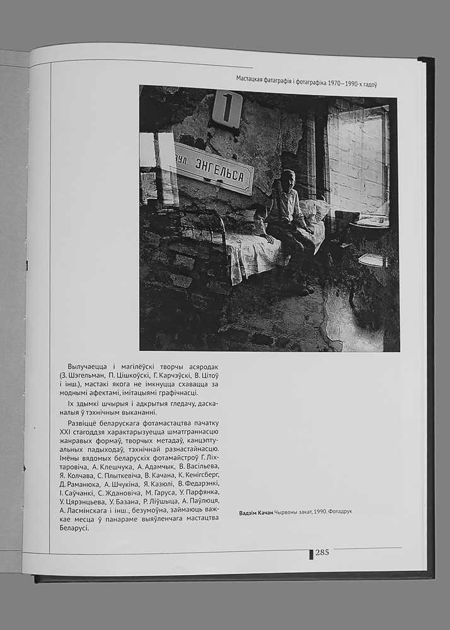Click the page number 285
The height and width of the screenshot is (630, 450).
322,553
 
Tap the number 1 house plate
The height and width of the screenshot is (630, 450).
227,108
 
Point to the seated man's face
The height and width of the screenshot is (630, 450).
287,180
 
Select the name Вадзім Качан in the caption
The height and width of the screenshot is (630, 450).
257,512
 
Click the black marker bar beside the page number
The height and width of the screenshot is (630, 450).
311,554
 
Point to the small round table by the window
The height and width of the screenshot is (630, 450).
369,223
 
